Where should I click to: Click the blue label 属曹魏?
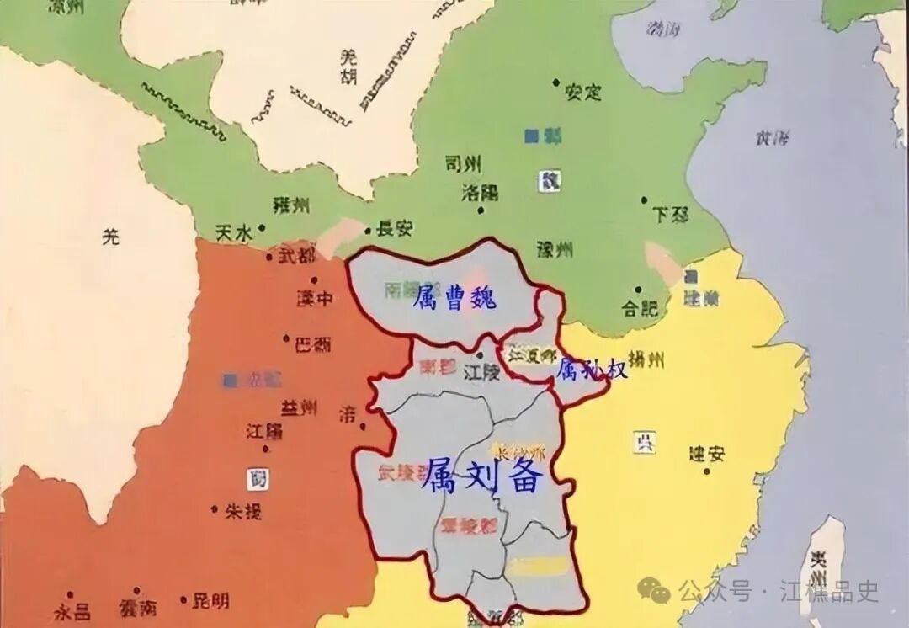coord(455,297)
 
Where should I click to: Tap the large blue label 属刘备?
coord(483,477)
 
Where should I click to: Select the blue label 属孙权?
coord(593,368)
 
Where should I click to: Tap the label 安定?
coord(583,91)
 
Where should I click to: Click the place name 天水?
coord(233,233)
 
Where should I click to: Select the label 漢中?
coord(316,298)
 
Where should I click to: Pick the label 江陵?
coord(482,371)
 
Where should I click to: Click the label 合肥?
coord(638,307)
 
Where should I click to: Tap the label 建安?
coord(706,453)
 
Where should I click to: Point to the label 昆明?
coord(210,601)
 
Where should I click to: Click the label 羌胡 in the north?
coord(348,67)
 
